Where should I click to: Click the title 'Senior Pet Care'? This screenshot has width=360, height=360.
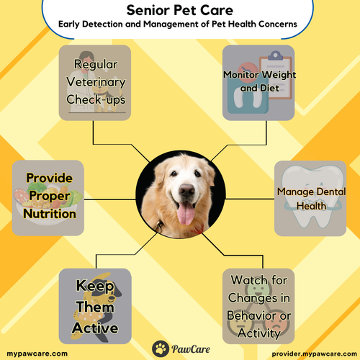tap(179, 11)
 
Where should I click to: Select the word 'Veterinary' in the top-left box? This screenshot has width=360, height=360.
tap(101, 82)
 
